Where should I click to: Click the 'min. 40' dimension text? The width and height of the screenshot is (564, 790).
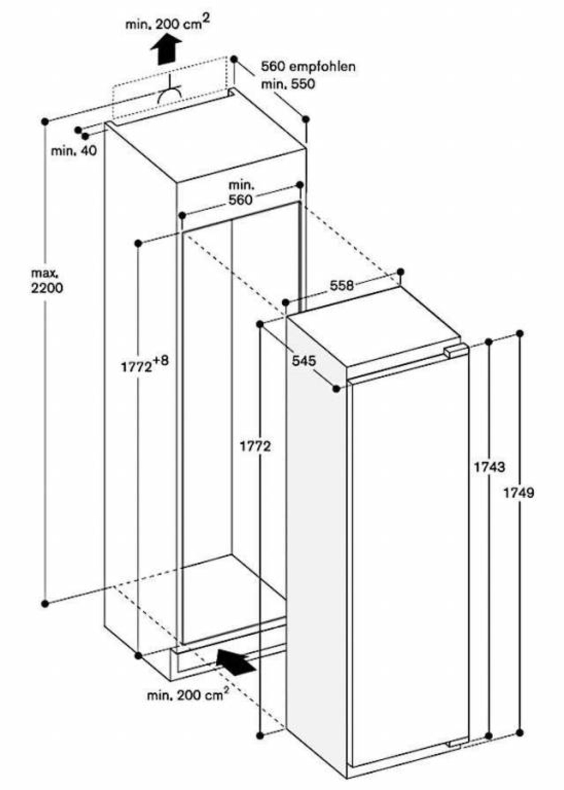click(74, 151)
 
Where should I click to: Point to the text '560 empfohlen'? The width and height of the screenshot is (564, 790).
click(308, 66)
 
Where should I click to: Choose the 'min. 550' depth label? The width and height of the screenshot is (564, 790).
click(288, 84)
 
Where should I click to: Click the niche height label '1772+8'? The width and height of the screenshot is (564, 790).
click(145, 365)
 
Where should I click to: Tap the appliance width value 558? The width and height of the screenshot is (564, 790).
click(342, 286)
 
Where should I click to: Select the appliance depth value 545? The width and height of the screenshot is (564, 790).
click(304, 361)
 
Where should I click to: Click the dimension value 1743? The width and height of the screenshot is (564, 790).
click(490, 467)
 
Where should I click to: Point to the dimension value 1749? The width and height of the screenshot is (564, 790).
click(519, 493)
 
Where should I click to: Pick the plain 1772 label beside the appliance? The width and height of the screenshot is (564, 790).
click(255, 446)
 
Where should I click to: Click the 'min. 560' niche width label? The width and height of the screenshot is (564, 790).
click(241, 193)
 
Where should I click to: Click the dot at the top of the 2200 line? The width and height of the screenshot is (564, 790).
click(45, 122)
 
